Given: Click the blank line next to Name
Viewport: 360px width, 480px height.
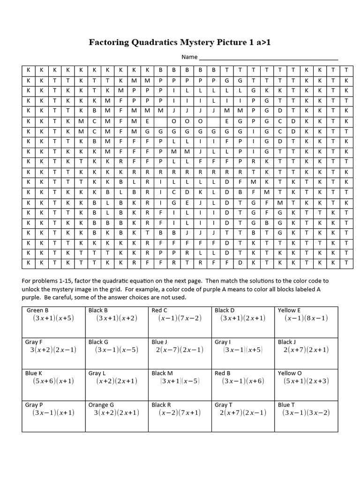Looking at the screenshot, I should click(269, 58).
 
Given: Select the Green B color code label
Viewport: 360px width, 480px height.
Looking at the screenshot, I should click(37, 310).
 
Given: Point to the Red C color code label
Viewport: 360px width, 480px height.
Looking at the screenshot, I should click(159, 310).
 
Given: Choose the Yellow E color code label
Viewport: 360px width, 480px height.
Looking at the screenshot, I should click(289, 310).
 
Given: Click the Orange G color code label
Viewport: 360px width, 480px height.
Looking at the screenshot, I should click(101, 405).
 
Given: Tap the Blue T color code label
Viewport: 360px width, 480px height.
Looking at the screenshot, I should click(286, 405).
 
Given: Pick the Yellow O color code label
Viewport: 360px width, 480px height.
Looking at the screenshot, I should click(290, 373).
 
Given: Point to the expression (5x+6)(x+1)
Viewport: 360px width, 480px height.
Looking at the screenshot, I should click(53, 381).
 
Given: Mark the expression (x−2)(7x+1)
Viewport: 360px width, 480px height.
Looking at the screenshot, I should click(180, 413).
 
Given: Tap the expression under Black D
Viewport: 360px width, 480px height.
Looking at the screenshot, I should click(243, 318).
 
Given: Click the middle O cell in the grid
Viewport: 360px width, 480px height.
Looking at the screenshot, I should click(187, 120).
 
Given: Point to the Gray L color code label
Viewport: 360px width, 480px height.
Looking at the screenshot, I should click(97, 373).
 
